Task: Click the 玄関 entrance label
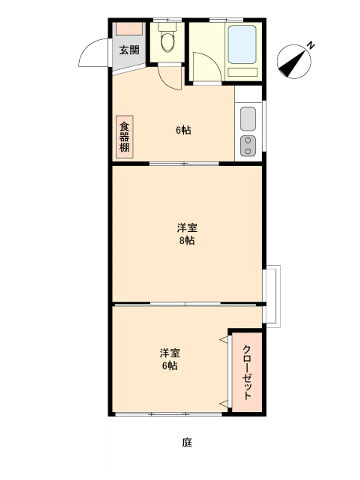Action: (x=129, y=50)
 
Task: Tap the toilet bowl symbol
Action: (x=168, y=42)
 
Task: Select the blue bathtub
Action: (x=242, y=44)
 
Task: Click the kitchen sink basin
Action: (x=248, y=119)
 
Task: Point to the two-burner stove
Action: (x=248, y=146)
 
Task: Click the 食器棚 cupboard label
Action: (x=124, y=137)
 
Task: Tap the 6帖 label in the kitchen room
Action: (x=183, y=131)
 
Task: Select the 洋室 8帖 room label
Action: (x=187, y=234)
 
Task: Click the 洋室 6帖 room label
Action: (x=169, y=360)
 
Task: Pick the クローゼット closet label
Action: (x=247, y=372)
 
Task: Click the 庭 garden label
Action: (x=187, y=443)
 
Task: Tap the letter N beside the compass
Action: (x=311, y=46)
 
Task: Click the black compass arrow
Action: (x=292, y=63)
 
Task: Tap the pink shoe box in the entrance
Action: (x=130, y=29)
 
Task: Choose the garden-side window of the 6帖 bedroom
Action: (x=169, y=414)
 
